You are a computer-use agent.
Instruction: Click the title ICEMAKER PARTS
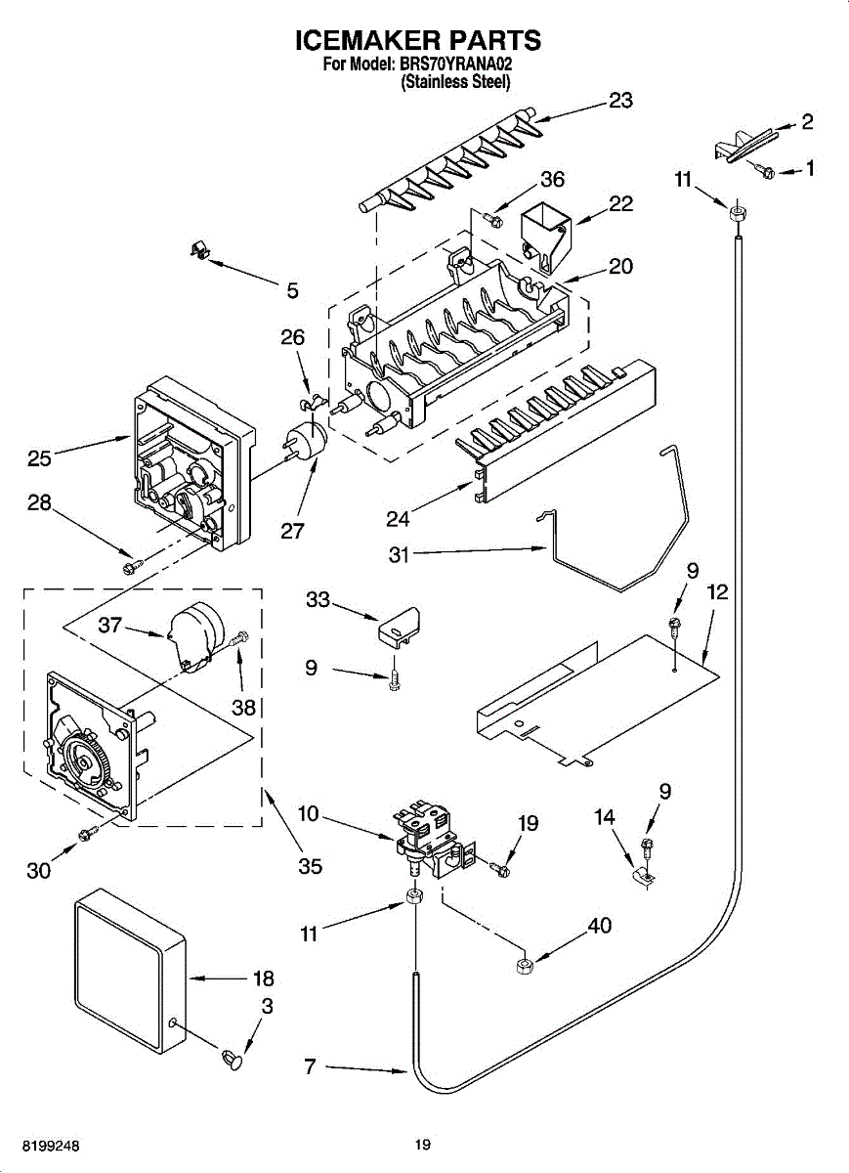tap(418, 40)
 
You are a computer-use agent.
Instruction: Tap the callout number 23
tap(620, 100)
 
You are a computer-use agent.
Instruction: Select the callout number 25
tap(40, 456)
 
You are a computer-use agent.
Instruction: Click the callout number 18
tap(263, 978)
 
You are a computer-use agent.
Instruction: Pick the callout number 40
tap(600, 925)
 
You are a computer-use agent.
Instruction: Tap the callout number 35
tap(311, 866)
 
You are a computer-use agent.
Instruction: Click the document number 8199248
tap(40, 1145)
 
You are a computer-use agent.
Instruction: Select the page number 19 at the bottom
tap(422, 1145)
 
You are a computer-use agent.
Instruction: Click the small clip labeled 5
tap(200, 251)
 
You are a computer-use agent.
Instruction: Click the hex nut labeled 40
tap(522, 967)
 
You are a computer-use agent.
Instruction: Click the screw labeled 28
tap(130, 565)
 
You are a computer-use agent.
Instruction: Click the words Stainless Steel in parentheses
tap(455, 83)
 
